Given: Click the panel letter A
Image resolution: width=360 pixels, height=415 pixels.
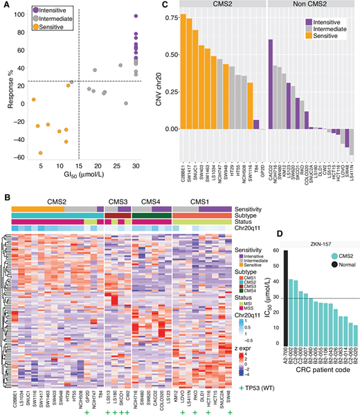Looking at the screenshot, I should [6, 6].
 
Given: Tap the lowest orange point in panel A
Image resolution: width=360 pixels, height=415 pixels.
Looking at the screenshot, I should [40, 153].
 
